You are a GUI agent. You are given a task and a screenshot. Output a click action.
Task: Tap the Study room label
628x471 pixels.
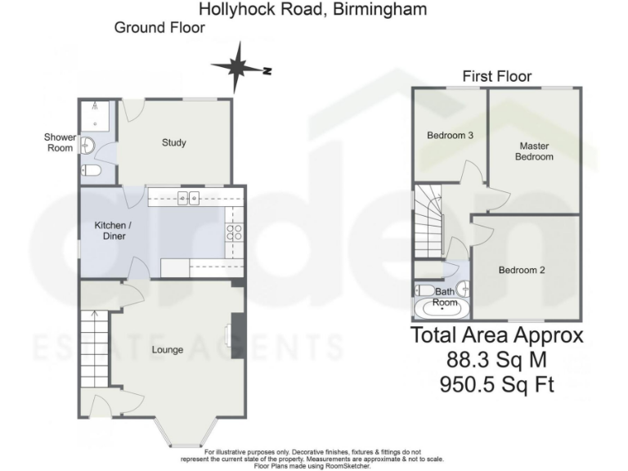[173, 143]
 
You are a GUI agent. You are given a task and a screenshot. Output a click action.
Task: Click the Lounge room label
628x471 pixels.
[167, 350]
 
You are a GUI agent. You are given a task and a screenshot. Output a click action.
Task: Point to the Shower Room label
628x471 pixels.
[60, 142]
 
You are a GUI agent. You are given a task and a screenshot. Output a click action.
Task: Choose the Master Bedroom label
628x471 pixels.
[534, 151]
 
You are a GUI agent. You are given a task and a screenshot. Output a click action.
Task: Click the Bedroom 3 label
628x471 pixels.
[451, 136]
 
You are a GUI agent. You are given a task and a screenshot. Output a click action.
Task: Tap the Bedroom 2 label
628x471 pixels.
[522, 271]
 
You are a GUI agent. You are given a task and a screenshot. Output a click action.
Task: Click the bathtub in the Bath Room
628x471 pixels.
[442, 309]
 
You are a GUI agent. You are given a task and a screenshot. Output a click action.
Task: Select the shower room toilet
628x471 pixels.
[92, 171]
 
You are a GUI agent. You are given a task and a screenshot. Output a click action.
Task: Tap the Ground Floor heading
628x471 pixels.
[159, 28]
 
